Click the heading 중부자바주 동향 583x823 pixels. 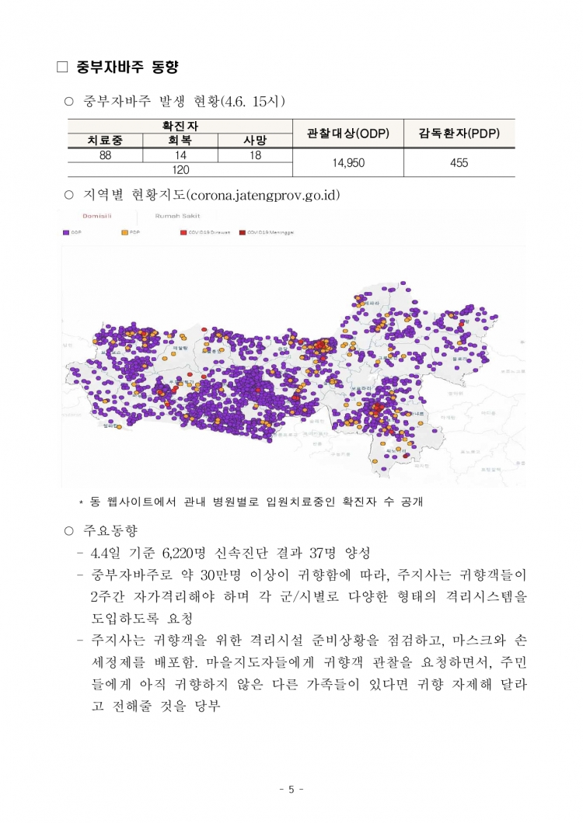(128, 68)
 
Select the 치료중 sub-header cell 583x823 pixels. (105, 141)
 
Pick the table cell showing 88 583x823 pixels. (105, 155)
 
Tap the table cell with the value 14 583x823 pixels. (180, 155)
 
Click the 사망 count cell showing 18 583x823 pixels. (254, 155)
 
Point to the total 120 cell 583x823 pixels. (180, 168)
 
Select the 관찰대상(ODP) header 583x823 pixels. (347, 134)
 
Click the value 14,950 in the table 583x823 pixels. (347, 162)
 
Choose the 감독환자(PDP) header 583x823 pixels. (459, 134)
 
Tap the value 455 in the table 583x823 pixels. (459, 162)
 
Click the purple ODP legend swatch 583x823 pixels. (65, 231)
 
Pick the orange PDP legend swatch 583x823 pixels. (125, 231)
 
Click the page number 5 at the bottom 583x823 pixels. (291, 790)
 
